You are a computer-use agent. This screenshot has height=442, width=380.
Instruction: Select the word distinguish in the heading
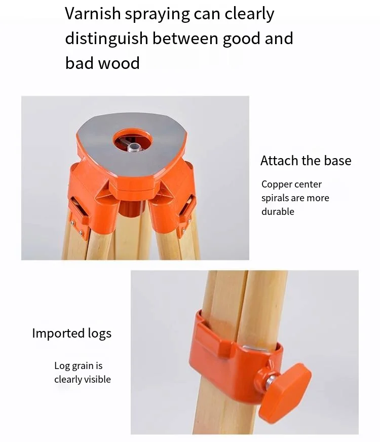107,39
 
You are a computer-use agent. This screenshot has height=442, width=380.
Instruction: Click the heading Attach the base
306,161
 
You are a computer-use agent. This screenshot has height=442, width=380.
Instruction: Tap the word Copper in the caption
277,185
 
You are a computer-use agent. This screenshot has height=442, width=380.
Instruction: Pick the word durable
278,211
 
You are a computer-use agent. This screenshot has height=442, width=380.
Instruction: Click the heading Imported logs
71,334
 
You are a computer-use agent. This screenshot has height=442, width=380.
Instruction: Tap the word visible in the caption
97,379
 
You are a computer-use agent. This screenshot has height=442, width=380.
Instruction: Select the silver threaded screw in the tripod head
134,148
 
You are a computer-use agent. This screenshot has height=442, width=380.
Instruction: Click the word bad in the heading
80,63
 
